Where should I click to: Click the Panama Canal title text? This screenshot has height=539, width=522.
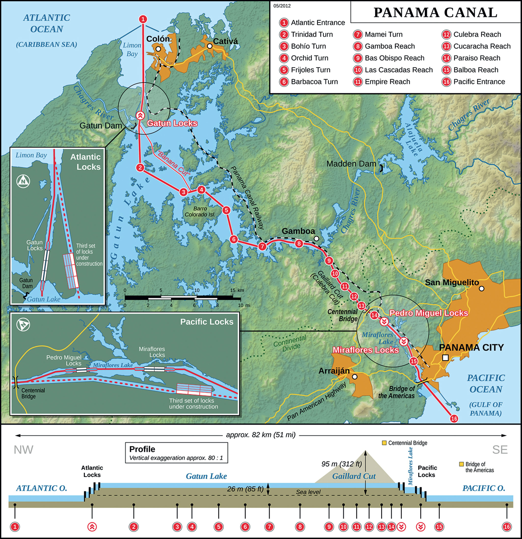[435, 13]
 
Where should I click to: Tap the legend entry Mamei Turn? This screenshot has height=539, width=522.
[383, 34]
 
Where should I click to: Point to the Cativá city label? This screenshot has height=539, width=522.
[225, 41]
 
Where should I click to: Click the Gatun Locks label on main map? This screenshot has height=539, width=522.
[172, 123]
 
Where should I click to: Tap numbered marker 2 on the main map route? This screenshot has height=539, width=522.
[140, 167]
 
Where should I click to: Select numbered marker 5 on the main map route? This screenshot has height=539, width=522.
[226, 210]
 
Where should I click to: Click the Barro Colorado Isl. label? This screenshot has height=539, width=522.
[200, 211]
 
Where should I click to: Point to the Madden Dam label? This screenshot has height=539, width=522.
[351, 164]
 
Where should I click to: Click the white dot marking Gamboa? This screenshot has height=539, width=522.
[316, 238]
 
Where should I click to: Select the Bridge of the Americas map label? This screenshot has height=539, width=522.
[396, 392]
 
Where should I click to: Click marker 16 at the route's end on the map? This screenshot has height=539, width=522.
[454, 418]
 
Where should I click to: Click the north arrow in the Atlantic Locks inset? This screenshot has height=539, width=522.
[23, 181]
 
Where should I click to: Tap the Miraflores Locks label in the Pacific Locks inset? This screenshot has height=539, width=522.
[152, 352]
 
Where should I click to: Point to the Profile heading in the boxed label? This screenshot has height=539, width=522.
[142, 449]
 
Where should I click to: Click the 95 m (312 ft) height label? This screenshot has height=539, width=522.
[342, 464]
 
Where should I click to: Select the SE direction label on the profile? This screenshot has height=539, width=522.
[500, 450]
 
